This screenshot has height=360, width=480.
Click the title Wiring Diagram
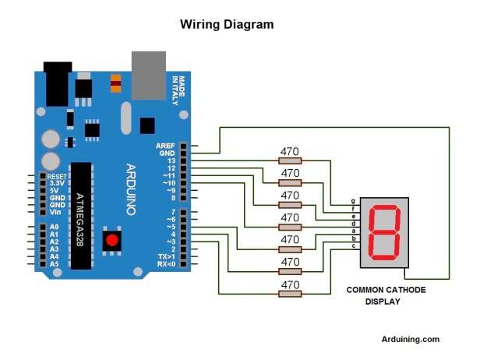[x=227, y=25]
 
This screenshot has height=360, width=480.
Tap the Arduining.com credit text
[x=410, y=339]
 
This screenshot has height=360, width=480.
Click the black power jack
[x=57, y=84]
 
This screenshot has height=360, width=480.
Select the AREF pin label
[x=165, y=146]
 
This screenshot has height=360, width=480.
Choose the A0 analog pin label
[x=53, y=228]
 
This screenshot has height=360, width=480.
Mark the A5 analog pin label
[x=53, y=264]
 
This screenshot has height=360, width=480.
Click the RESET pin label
[x=57, y=177]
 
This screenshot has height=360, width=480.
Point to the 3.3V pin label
[x=56, y=184]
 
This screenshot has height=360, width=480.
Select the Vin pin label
[x=55, y=212]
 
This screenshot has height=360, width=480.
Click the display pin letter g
[x=354, y=201]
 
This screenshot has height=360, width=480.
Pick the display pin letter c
[x=354, y=245]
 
